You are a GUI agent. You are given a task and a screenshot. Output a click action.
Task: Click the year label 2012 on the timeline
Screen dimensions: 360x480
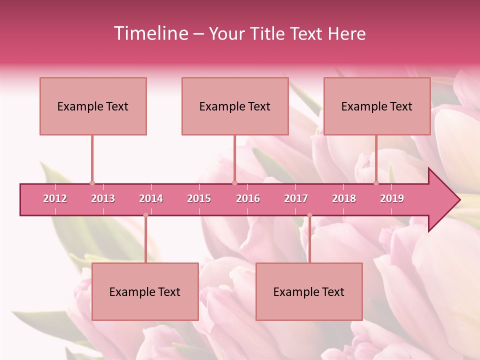pos(55,198)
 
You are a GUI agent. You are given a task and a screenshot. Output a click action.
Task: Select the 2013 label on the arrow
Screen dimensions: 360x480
pos(103,198)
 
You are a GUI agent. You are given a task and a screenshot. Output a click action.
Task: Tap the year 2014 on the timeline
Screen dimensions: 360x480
pos(151,198)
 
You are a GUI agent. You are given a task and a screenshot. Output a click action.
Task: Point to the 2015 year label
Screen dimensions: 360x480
pos(199,198)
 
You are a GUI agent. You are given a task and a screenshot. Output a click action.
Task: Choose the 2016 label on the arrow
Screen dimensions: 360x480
pos(248,198)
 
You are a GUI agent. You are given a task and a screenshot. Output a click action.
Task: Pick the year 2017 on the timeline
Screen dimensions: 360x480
pos(296,198)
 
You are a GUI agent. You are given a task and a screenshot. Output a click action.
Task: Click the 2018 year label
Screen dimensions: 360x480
pos(344,198)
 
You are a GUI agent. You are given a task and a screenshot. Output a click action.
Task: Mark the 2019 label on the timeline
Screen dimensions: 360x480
pos(392,198)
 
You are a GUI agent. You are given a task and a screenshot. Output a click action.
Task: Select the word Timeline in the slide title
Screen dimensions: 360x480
pos(150,33)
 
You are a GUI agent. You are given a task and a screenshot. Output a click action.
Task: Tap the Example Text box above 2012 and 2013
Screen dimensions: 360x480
pos(93,106)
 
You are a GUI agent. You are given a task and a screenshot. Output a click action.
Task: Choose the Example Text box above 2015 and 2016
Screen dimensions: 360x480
pos(235,106)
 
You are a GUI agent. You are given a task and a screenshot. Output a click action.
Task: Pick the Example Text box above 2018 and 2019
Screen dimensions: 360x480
pos(377,106)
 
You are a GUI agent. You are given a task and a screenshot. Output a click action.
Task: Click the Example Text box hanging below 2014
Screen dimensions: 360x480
pos(145,291)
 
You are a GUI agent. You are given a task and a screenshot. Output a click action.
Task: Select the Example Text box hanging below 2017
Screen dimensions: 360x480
pos(309,291)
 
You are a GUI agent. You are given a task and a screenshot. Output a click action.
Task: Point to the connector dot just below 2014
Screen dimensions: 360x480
pos(145,215)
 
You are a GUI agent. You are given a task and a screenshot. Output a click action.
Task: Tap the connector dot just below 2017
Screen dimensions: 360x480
pos(309,215)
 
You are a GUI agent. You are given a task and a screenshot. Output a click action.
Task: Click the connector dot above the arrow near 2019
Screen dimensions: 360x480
pos(376,183)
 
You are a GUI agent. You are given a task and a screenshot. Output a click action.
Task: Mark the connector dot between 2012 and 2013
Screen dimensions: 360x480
pos(92,183)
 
